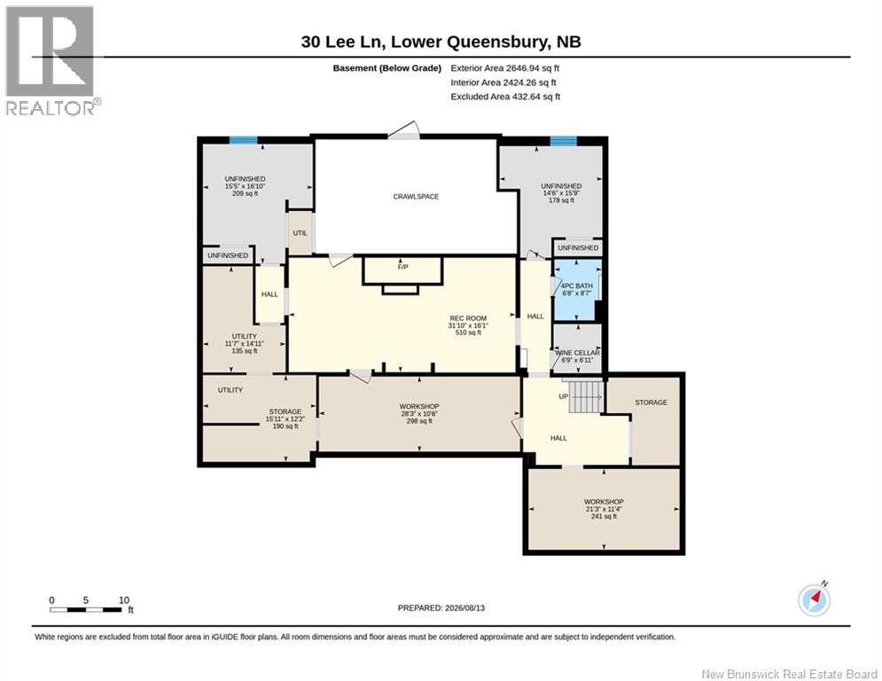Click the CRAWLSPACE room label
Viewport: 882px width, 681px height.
tap(416, 197)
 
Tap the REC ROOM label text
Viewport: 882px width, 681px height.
tap(468, 318)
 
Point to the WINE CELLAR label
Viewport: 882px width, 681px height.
tap(577, 353)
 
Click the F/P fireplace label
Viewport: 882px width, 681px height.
tap(402, 267)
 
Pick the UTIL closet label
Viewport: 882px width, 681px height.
tap(300, 233)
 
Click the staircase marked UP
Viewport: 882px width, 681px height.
tap(586, 396)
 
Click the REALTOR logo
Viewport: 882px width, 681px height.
tap(52, 61)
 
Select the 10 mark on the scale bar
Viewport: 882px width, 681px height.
tap(124, 600)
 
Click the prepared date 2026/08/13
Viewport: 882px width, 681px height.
tap(441, 607)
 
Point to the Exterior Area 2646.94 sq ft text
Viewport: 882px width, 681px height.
tap(504, 68)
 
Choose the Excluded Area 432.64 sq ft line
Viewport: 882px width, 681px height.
tap(505, 97)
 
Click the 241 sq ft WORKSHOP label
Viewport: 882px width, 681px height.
tap(604, 509)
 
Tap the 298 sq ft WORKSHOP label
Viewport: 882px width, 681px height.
tap(419, 413)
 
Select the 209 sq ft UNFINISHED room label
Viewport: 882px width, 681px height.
tap(245, 186)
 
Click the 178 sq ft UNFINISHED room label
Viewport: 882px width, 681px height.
tap(561, 193)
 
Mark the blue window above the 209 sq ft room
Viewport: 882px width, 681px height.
tap(243, 140)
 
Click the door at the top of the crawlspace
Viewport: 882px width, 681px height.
tap(404, 130)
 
